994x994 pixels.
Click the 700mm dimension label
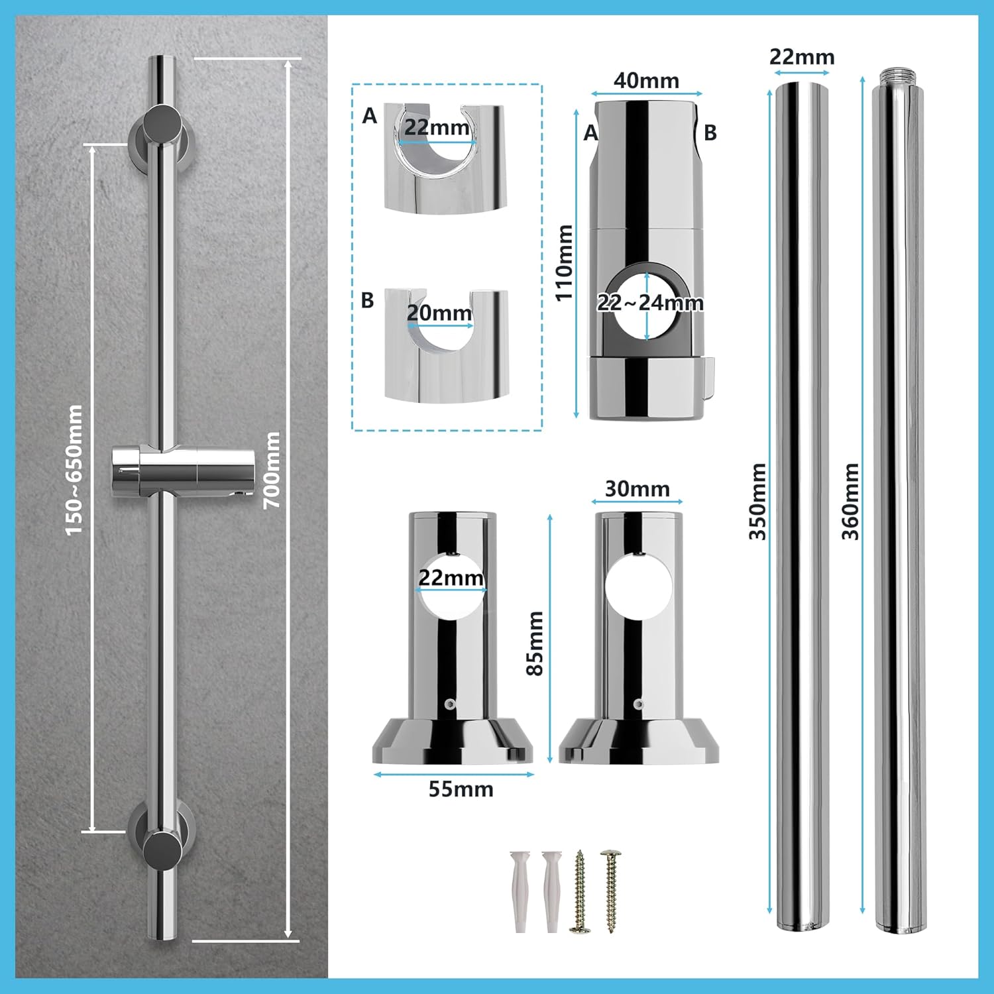272,470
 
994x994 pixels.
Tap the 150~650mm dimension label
74,470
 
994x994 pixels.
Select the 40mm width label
646,81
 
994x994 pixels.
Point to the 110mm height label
564,262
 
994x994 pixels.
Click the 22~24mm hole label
650,303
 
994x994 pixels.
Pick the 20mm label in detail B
439,313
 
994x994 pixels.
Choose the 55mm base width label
461,789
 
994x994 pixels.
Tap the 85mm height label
535,643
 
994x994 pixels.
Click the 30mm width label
637,489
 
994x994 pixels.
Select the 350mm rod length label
757,501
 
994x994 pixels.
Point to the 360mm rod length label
850,501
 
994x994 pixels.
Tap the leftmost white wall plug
519,891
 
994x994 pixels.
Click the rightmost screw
610,891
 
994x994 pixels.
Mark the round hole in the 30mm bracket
638,586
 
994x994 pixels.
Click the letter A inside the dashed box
369,116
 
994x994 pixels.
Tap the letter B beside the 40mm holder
710,133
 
